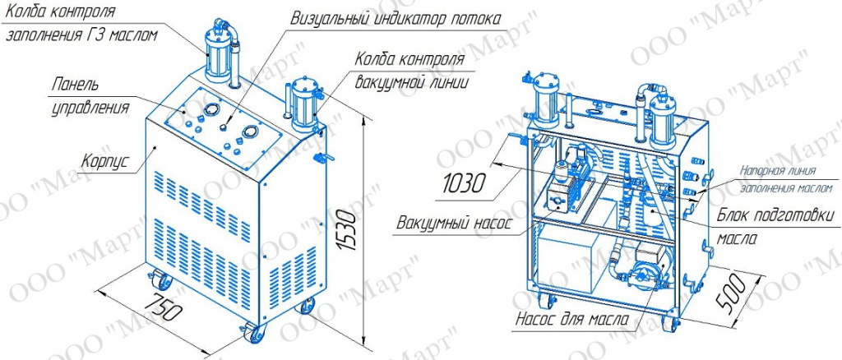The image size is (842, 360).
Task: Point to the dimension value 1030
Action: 465,183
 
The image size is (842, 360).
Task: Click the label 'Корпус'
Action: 105,160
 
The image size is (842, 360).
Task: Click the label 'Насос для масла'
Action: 573,320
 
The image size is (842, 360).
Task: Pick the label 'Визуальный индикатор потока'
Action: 396,19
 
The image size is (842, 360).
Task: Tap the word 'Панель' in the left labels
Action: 75,85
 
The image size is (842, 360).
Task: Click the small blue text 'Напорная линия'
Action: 779,171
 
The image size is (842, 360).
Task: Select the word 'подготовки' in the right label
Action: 798,217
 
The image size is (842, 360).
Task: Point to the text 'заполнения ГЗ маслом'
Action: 82,36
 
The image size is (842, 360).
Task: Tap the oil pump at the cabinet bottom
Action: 643,266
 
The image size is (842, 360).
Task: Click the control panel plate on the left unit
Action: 225,127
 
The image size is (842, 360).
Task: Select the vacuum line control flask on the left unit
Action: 303,108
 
